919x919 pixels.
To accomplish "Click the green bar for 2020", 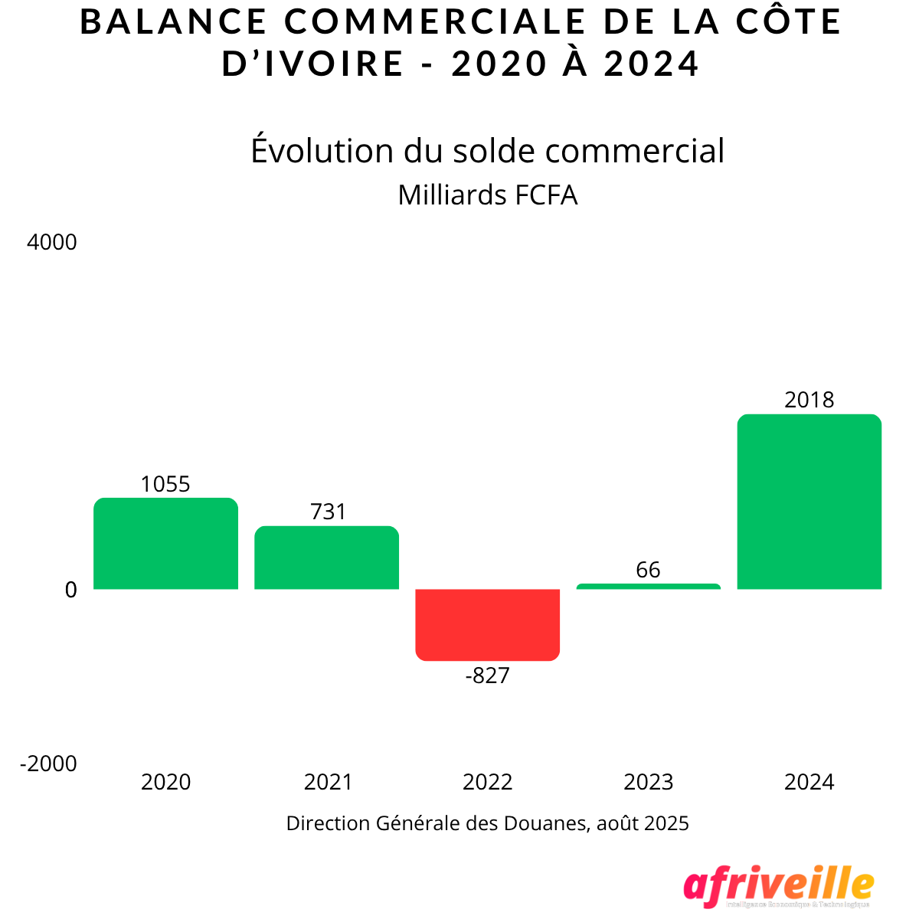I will [x=165, y=544].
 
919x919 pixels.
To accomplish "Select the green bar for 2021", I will [x=326, y=558].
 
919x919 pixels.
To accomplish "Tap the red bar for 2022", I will [x=487, y=624].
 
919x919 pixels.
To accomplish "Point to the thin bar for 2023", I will [x=648, y=587].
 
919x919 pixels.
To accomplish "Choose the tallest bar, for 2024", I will [x=809, y=502].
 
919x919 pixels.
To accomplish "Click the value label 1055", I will [x=165, y=484].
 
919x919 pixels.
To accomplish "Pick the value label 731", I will [x=328, y=512].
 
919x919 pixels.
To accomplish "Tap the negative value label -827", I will [x=487, y=675].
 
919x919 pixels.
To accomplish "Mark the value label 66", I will [x=648, y=570].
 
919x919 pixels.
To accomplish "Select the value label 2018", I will [x=809, y=400].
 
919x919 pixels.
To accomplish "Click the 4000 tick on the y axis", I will [x=52, y=243].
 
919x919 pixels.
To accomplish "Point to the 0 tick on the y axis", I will [x=70, y=590].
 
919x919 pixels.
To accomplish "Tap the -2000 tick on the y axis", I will [x=49, y=764].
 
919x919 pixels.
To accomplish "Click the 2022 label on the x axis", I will [x=487, y=782].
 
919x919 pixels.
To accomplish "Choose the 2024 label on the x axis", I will [x=809, y=782].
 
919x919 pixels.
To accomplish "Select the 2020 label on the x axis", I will [x=165, y=782].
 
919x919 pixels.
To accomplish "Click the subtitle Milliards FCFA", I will [x=487, y=195].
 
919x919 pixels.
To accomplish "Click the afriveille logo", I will [x=778, y=887].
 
